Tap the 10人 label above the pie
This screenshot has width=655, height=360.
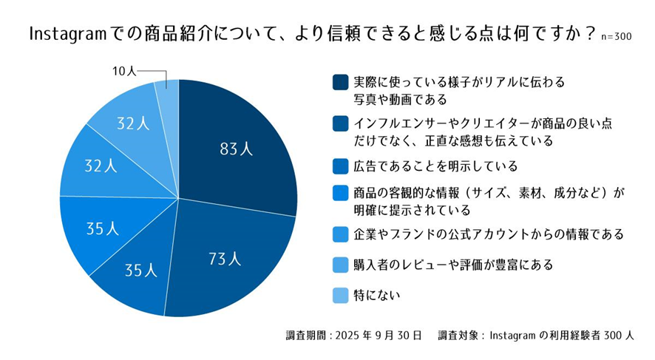[x=124, y=72]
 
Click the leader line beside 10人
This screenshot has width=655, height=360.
[x=152, y=72]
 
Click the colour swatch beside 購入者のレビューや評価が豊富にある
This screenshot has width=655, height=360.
[x=340, y=264]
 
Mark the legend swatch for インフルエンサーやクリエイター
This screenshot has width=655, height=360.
[x=340, y=123]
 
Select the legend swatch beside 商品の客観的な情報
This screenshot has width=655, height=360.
[x=340, y=194]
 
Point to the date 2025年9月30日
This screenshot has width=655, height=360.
[x=378, y=335]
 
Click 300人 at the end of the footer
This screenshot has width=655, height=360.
[x=618, y=335]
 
